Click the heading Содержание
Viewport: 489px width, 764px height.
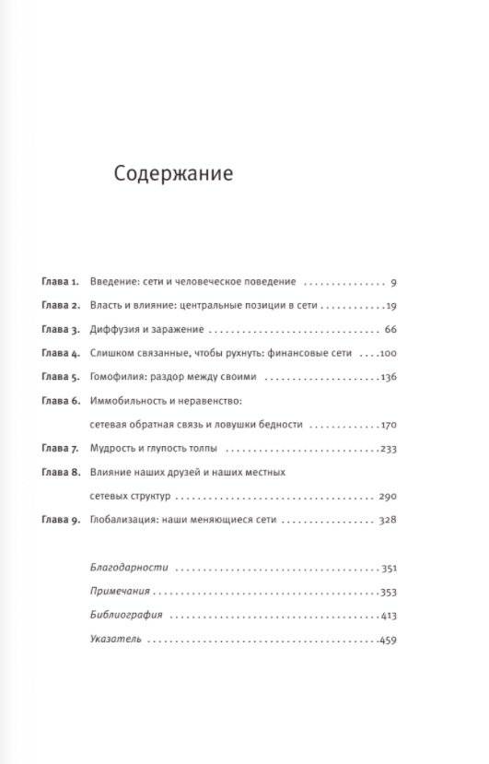pos(173,174)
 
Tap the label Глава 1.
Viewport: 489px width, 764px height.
pos(62,281)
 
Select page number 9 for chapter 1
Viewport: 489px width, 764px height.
pos(392,281)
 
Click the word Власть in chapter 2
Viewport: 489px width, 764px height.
pos(109,305)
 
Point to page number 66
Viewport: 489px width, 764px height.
pos(389,329)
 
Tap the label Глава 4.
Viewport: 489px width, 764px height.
pos(62,353)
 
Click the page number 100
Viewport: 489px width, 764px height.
pos(387,353)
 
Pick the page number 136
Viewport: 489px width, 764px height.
pos(387,377)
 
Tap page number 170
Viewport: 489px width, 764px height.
pos(387,425)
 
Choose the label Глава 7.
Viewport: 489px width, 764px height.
pos(62,449)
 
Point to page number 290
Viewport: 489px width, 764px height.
pos(387,497)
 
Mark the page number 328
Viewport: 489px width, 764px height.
pos(387,521)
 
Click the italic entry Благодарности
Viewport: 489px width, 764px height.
pos(128,569)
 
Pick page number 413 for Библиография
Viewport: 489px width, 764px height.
pos(387,617)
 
